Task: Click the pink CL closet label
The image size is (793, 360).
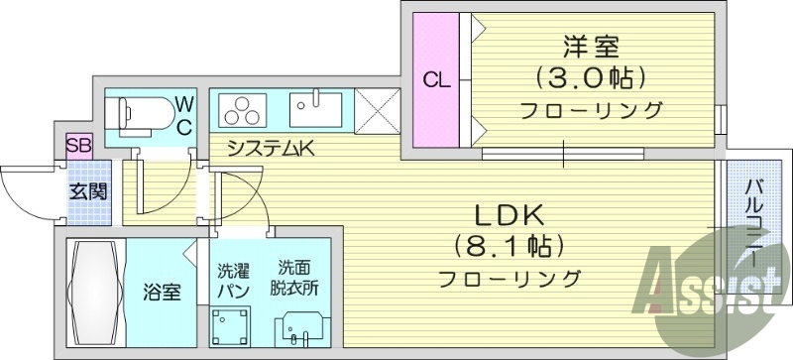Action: tap(436, 80)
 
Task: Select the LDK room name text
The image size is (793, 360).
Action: tap(508, 213)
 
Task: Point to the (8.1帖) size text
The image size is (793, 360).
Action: tap(509, 244)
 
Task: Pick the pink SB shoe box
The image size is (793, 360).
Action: tap(78, 146)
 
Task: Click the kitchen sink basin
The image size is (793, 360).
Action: tap(315, 108)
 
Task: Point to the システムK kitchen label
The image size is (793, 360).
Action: tap(270, 150)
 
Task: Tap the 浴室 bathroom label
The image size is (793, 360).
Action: tap(163, 293)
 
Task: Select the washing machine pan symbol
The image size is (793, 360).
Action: tap(232, 325)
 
